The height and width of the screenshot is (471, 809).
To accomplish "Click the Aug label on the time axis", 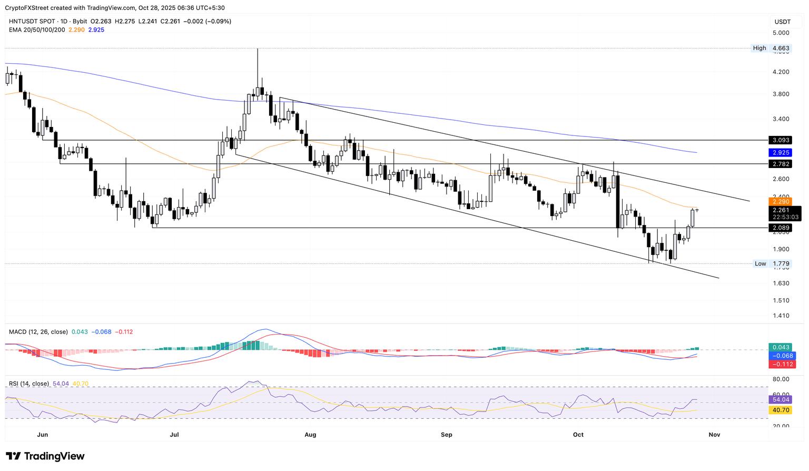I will (310, 435).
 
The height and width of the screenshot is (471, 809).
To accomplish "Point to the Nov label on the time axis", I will (714, 435).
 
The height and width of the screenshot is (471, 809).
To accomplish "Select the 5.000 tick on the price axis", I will (781, 33).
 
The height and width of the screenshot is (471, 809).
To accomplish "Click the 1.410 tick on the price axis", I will (781, 316).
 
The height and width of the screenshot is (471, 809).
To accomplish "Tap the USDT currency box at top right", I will (783, 22).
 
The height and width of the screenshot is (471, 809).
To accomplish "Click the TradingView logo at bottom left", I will (45, 456).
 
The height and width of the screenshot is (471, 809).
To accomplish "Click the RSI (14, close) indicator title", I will (29, 384).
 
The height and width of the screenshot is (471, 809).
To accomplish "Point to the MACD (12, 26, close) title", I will (38, 332).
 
